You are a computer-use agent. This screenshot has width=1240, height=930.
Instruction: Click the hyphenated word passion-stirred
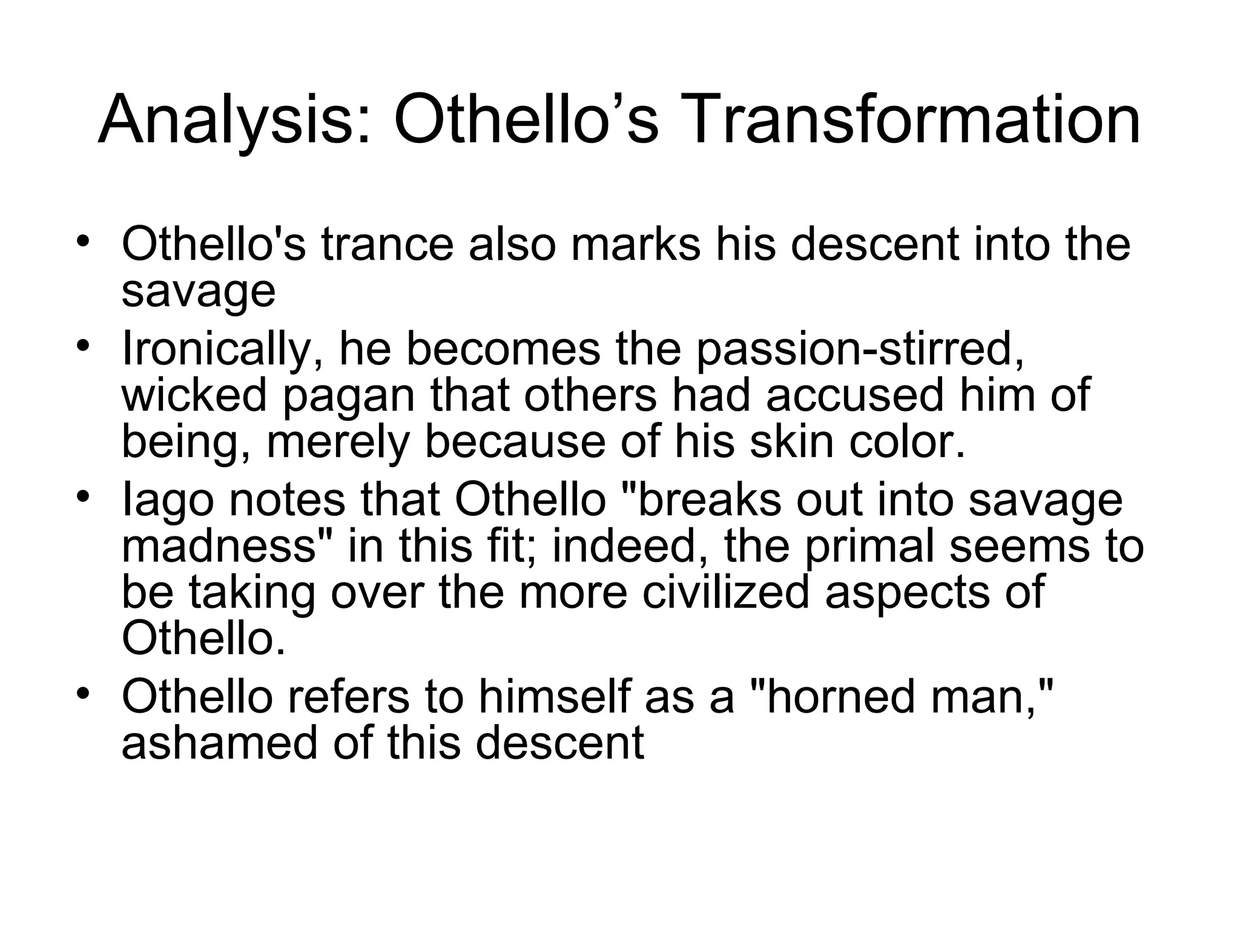tap(860, 350)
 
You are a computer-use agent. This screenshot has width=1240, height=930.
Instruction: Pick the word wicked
tap(194, 395)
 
